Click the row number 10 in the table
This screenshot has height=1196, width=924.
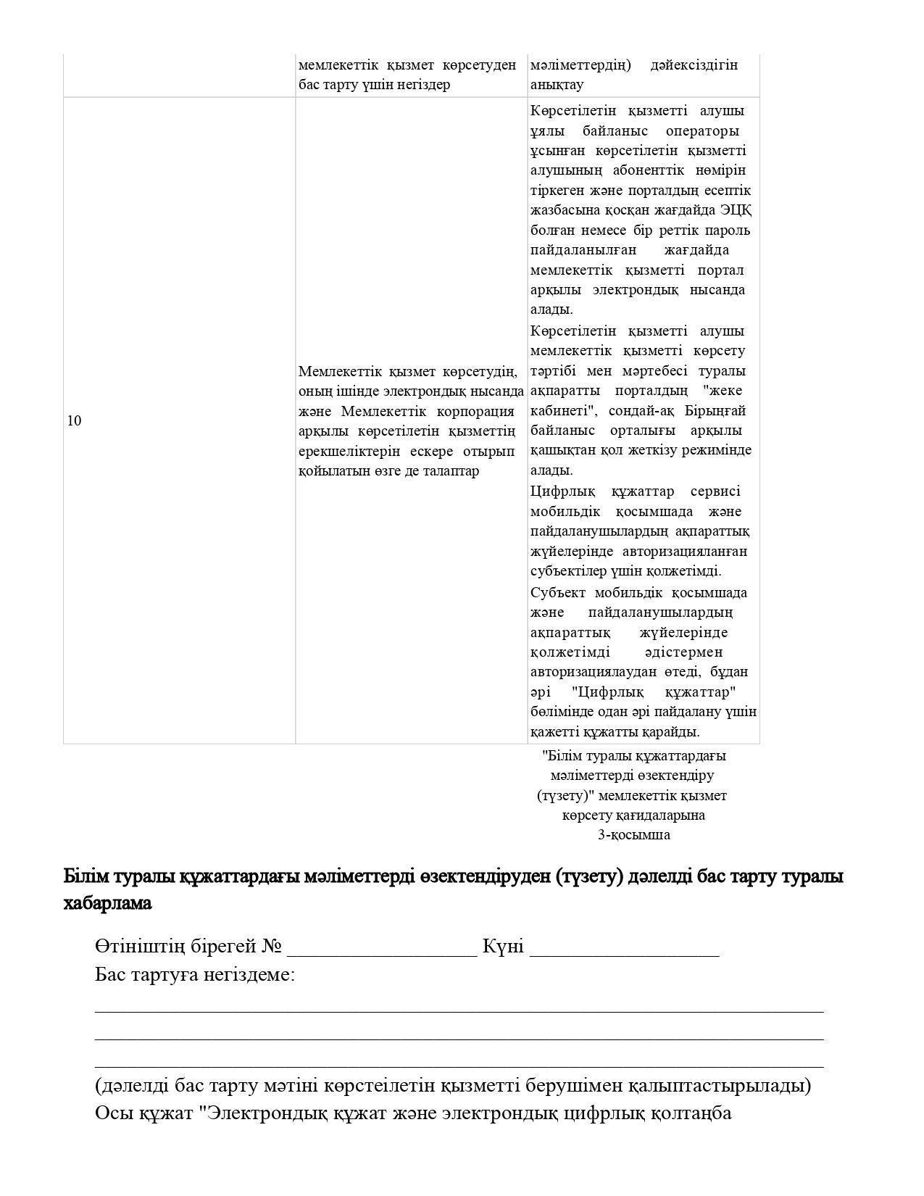point(74,421)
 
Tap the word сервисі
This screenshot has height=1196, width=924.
point(715,491)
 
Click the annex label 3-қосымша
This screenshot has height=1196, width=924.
point(633,835)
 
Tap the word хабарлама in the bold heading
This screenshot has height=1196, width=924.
point(108,904)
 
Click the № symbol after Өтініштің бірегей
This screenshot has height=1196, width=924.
point(271,947)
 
